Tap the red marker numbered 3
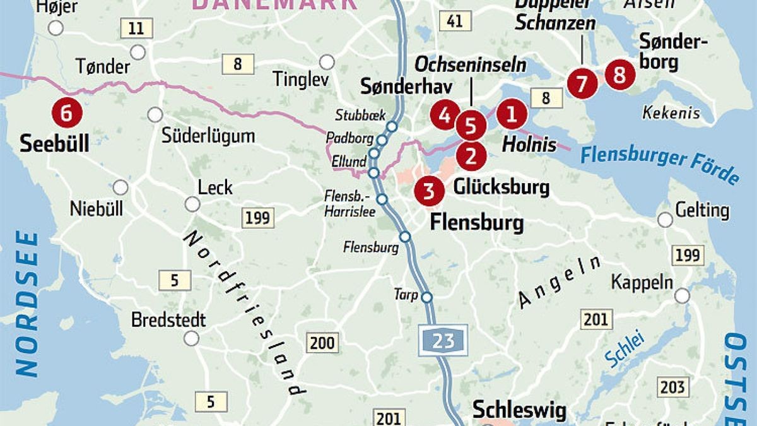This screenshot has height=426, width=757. (x=429, y=191)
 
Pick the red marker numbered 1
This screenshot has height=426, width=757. (x=511, y=114)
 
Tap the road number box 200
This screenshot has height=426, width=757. (x=323, y=343)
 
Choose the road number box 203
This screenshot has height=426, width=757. (x=673, y=386)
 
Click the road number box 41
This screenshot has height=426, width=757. (x=455, y=21)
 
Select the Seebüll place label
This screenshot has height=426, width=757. (x=54, y=143)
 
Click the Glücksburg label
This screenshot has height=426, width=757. (x=502, y=187)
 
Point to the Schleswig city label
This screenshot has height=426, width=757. (x=517, y=407)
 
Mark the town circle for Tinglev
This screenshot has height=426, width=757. (x=327, y=62)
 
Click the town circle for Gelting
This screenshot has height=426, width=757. (x=665, y=220)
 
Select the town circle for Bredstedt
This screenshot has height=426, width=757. (x=191, y=338)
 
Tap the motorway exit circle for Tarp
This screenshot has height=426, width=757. (x=427, y=297)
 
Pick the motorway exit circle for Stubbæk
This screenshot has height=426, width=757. (x=392, y=126)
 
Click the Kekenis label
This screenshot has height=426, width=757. (x=671, y=114)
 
